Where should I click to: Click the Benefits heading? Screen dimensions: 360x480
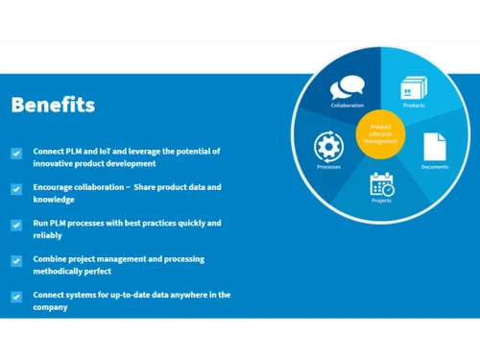[53, 105]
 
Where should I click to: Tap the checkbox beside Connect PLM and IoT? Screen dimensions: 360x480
[16, 154]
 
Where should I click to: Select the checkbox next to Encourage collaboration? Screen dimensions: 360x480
[16, 189]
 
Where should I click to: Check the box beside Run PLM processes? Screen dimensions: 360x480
[16, 225]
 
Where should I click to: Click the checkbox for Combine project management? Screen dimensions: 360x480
[16, 261]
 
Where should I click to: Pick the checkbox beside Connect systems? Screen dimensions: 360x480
[16, 297]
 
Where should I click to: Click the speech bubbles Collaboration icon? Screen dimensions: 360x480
[347, 88]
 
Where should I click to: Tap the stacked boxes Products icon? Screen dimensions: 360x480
[414, 87]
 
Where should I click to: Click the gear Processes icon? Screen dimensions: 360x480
[328, 146]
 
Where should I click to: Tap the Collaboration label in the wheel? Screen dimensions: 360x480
[348, 106]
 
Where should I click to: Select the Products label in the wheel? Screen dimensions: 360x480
[415, 106]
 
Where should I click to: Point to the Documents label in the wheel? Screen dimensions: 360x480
[435, 167]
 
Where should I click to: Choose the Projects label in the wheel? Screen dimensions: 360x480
[381, 200]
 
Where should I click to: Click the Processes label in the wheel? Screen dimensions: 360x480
[328, 167]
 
